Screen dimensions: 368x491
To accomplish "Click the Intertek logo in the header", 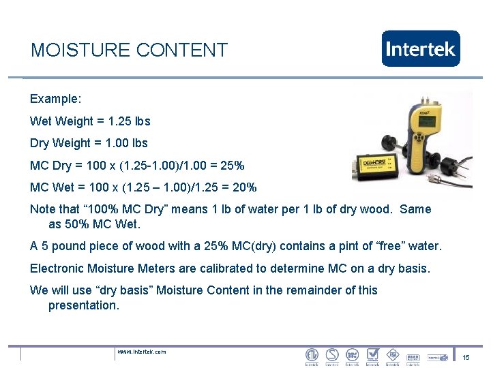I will [421, 48].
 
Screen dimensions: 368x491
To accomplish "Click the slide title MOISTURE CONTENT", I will [129, 50].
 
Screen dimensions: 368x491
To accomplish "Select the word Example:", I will [55, 99].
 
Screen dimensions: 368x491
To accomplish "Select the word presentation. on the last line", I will [83, 305].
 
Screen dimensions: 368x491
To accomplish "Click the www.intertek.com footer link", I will [141, 352].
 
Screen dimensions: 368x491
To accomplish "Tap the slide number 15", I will [466, 358].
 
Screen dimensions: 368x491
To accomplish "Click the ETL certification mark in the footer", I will [312, 355].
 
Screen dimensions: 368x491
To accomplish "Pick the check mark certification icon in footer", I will [372, 355].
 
